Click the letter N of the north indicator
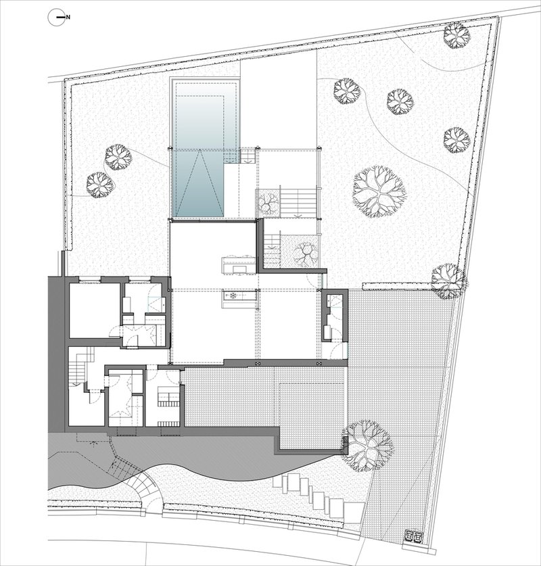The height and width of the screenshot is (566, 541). pyautogui.click(x=68, y=17)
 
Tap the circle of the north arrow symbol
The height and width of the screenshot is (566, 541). pyautogui.click(x=57, y=18)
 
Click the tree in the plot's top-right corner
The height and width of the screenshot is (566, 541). pyautogui.click(x=456, y=34)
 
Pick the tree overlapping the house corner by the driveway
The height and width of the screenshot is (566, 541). pyautogui.click(x=367, y=446)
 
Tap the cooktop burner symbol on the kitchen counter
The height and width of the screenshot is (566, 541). pyautogui.click(x=233, y=296)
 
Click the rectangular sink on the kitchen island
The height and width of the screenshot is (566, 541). pyautogui.click(x=238, y=268)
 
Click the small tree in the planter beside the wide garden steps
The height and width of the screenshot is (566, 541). pyautogui.click(x=268, y=203)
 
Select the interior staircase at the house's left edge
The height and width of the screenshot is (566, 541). pyautogui.click(x=78, y=366)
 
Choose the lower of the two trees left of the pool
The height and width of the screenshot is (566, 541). pyautogui.click(x=100, y=184)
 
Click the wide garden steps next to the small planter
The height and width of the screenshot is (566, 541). pyautogui.click(x=299, y=203)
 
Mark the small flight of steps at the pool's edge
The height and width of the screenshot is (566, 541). pyautogui.click(x=248, y=156)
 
